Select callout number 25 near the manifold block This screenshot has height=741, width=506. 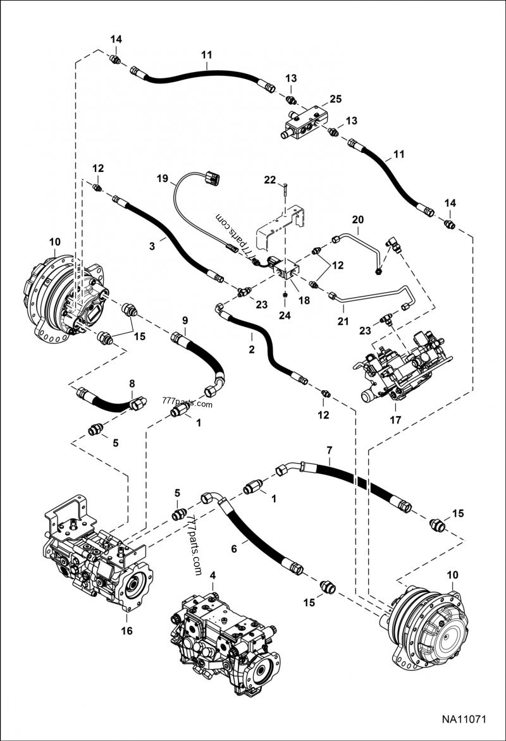coord(335,99)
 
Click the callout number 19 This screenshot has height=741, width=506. coord(163,179)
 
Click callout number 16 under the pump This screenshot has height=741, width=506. coord(126,630)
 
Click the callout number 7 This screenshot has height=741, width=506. coord(329,450)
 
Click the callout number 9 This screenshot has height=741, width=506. coord(186,321)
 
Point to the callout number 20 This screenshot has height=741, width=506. coord(358,219)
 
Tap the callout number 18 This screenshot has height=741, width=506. coord(304,300)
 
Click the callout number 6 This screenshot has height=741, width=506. coord(234,549)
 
